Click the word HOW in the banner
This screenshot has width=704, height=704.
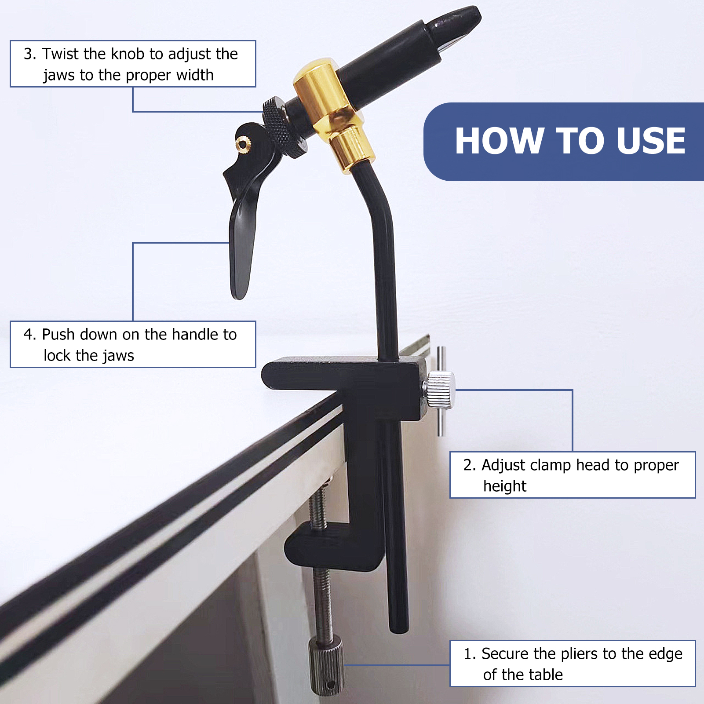coord(499,141)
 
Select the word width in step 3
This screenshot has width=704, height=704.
coord(195,75)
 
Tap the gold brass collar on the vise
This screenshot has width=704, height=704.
coord(332,112)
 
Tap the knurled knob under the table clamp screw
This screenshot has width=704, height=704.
coord(326,666)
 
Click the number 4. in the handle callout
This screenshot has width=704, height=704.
coord(30,334)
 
